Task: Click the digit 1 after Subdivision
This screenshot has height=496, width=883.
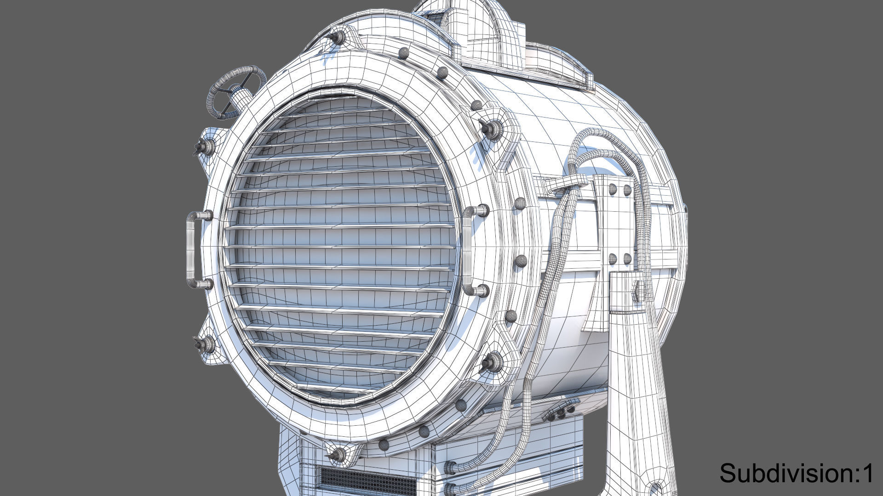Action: point(867,473)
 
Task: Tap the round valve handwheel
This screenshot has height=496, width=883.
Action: point(236,92)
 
